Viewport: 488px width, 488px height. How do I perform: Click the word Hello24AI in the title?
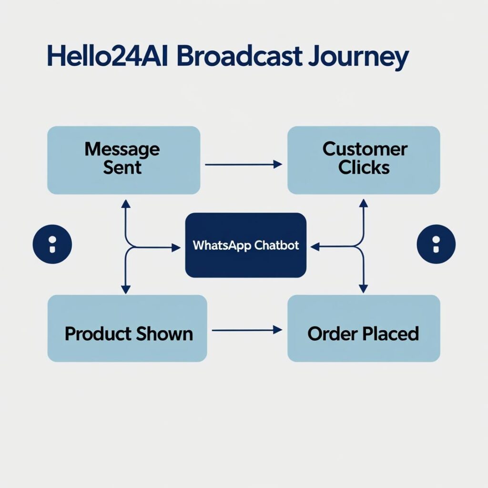coord(107,56)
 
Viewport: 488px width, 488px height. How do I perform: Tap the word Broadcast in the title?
coord(240,56)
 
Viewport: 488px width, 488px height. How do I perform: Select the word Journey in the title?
coord(358,58)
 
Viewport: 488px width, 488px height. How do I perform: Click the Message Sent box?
coord(123,160)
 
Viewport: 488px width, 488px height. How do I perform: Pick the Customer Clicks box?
coord(364,160)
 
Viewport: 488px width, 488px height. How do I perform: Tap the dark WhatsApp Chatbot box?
coord(245,245)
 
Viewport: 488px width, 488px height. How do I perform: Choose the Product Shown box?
coord(127,328)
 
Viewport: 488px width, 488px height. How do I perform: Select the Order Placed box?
coord(364,328)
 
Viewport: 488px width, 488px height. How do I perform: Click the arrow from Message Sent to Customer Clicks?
coord(244,164)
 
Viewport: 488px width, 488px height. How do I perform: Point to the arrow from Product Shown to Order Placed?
coord(247,330)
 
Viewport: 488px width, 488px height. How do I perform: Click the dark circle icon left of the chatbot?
coord(52,244)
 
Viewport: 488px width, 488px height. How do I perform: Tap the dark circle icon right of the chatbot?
coord(436,244)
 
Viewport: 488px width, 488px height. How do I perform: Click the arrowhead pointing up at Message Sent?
coord(125,204)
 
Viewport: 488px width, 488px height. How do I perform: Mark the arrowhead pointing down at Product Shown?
coord(125,290)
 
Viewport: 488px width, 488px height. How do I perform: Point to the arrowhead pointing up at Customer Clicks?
coord(364,203)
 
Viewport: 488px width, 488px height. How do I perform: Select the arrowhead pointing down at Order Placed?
coord(364,289)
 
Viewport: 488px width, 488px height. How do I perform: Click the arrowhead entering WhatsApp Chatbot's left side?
coord(176,248)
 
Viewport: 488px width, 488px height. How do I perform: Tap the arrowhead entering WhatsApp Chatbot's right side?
coord(315,247)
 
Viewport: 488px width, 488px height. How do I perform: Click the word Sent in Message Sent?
coord(122,168)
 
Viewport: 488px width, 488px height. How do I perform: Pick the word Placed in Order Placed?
coord(391,334)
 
